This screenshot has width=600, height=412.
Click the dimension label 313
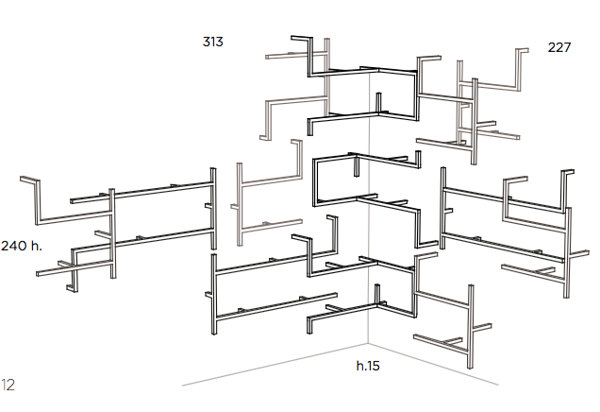[213, 42]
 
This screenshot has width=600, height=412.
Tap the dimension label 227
[559, 47]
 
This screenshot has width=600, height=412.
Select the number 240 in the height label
[13, 246]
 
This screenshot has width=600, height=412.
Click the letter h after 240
[36, 246]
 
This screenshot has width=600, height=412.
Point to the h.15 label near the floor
[368, 366]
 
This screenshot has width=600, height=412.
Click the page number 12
[8, 385]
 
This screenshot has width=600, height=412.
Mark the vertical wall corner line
[369, 207]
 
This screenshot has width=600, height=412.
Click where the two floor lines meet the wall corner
[369, 343]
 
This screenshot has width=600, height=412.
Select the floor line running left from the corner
[275, 364]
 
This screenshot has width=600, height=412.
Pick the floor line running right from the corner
[434, 364]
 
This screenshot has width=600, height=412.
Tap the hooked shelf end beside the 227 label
[522, 50]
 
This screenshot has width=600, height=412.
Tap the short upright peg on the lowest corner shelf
[377, 294]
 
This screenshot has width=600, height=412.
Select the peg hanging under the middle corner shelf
[357, 166]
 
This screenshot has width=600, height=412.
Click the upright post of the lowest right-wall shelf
[471, 327]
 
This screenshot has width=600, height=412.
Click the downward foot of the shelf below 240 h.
[73, 288]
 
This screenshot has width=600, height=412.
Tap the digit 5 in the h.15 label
[376, 366]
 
